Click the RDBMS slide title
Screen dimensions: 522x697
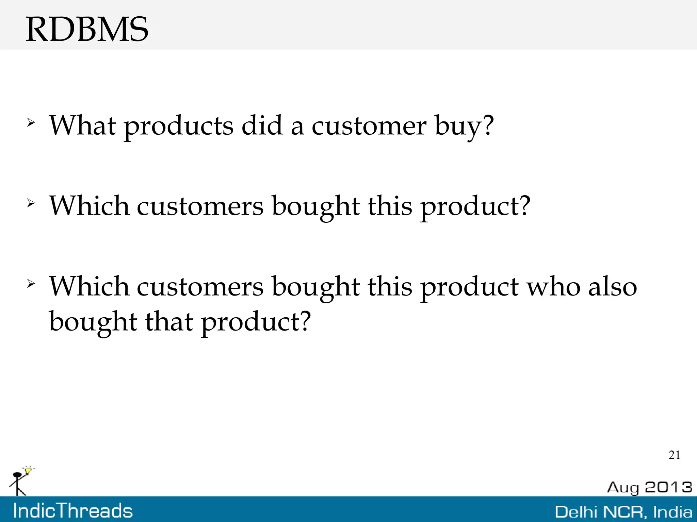pos(87,30)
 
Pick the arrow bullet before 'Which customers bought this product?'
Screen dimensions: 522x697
pos(31,203)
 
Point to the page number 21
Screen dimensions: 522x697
pos(674,455)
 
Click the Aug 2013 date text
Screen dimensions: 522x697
pos(649,487)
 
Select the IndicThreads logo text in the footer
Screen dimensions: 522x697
pos(73,511)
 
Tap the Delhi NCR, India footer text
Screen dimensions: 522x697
pos(623,512)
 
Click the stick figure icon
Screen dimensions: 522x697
pos(17,483)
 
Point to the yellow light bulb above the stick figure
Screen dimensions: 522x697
pos(29,470)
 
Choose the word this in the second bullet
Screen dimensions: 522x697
pos(390,206)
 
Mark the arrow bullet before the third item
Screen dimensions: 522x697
pos(31,284)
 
